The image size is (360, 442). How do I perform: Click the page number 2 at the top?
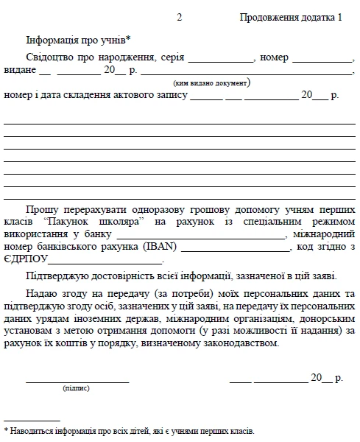[180, 18]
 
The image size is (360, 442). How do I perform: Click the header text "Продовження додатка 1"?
[292, 18]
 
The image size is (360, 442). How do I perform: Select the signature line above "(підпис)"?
[77, 380]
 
